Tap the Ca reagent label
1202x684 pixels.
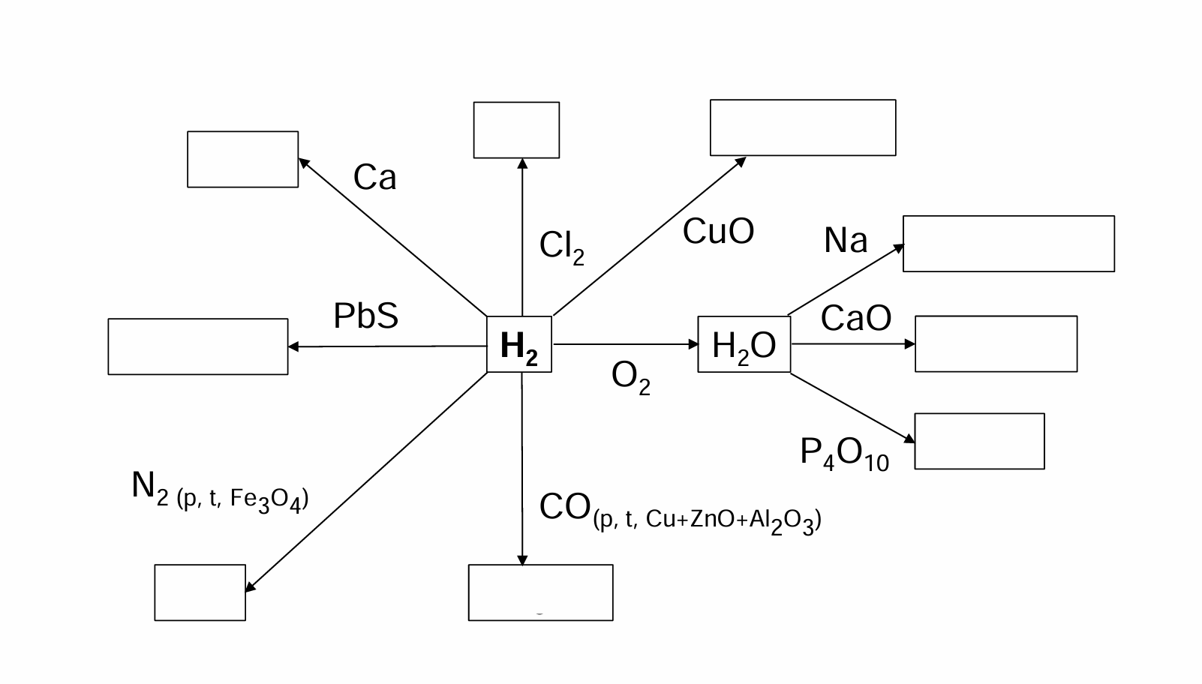[x=374, y=177]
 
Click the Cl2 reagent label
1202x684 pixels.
[x=561, y=247]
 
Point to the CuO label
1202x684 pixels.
[x=718, y=231]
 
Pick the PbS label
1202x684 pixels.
[x=366, y=316]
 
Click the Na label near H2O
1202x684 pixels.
[x=845, y=240]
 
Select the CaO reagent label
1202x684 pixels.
[x=856, y=317]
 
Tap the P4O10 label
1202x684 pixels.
[x=844, y=454]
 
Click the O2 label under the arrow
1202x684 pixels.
[x=630, y=378]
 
